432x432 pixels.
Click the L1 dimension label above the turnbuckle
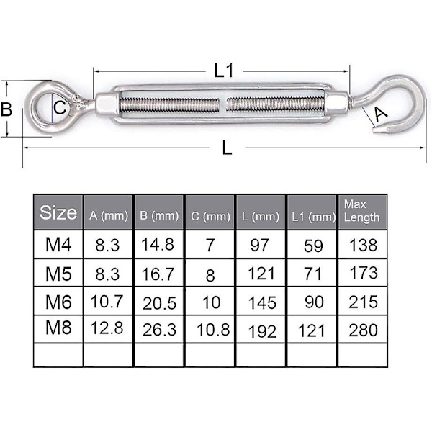coord(224,71)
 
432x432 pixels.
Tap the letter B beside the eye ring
coord(6,109)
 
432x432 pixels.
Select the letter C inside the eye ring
coord(60,107)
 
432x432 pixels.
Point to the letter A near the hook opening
coord(381,114)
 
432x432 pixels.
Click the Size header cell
coord(58,212)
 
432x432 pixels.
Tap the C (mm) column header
coord(210,216)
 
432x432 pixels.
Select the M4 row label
coord(58,244)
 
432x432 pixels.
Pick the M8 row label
coord(58,328)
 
